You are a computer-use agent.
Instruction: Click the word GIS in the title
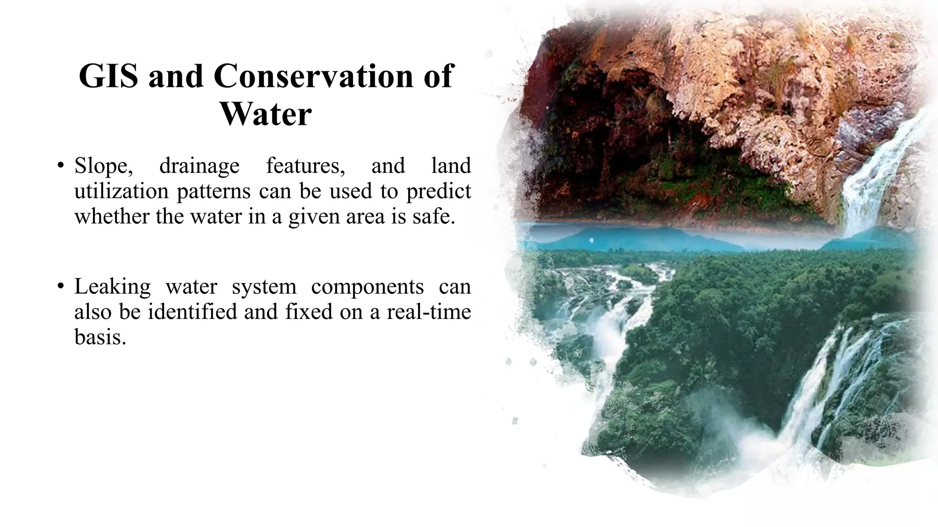[x=109, y=76]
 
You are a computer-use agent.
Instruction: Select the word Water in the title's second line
[x=266, y=114]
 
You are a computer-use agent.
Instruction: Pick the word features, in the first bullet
[x=305, y=166]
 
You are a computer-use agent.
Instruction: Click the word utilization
[x=121, y=191]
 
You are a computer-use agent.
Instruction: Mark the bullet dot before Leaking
[x=60, y=287]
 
